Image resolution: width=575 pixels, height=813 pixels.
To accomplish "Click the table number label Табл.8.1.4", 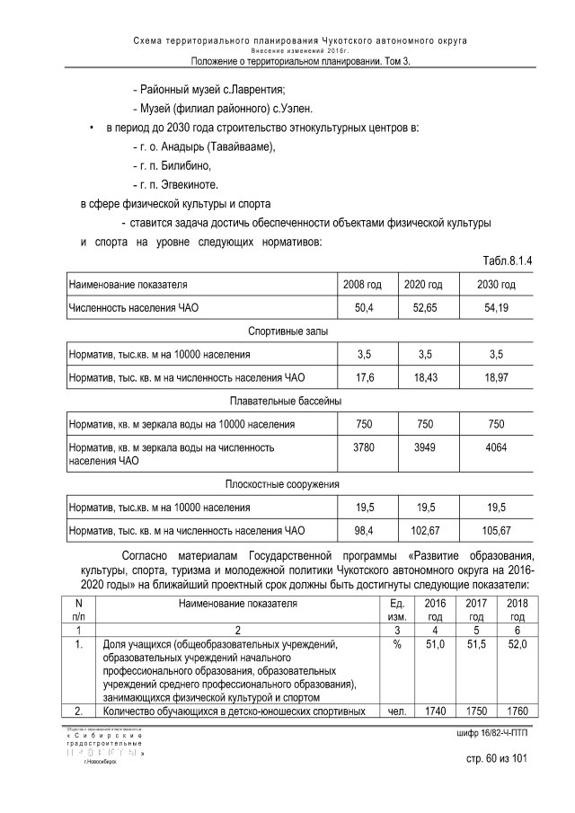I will point(509,261).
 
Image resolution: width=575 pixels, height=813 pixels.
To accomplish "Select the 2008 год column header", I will point(362,285).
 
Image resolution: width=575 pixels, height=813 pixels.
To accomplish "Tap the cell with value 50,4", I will point(362,308).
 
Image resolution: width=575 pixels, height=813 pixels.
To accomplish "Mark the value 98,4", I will point(362,530).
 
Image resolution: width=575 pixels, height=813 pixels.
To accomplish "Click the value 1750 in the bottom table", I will point(475,711).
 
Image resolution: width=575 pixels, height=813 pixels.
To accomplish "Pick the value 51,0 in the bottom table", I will point(435,645).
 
